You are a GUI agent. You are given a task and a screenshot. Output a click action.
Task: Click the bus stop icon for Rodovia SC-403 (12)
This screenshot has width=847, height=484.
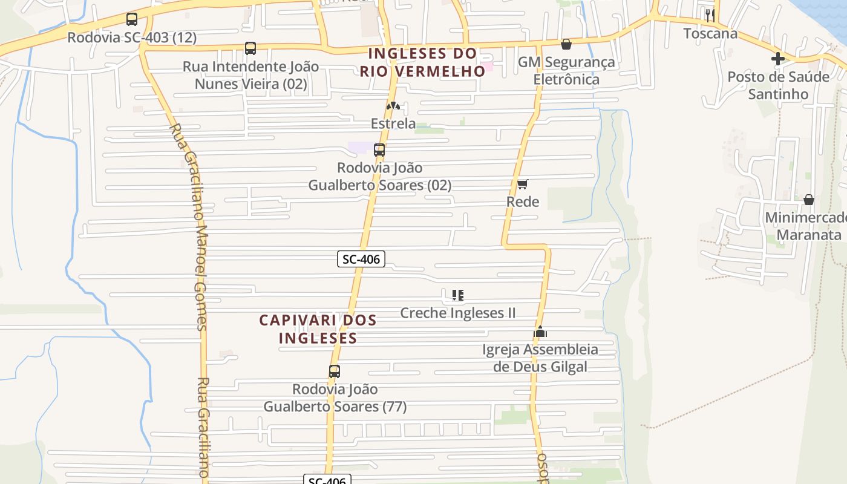[x=132, y=19]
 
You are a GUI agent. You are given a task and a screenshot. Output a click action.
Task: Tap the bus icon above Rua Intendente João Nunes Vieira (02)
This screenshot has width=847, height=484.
[x=250, y=48]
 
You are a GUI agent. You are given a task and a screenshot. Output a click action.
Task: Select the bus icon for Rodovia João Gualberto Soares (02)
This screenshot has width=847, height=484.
[x=379, y=149]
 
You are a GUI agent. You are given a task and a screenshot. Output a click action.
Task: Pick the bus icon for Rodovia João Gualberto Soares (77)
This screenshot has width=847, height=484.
[x=335, y=371]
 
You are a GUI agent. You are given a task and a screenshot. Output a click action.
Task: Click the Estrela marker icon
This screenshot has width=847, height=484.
[x=393, y=106]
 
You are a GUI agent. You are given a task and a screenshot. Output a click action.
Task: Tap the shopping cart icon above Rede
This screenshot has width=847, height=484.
[x=523, y=184]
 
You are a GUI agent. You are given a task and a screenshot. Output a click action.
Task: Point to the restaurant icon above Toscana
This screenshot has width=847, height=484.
[x=710, y=15]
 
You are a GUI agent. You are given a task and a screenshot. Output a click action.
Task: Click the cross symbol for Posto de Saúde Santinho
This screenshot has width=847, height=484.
[x=778, y=59]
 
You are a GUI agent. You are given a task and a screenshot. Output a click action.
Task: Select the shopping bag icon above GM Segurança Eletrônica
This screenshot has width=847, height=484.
[x=566, y=44]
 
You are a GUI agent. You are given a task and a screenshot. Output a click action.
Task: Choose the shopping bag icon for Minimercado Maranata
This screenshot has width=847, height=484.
[x=809, y=200]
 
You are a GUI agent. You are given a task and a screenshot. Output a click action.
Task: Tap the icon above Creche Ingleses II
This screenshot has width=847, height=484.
[x=458, y=295]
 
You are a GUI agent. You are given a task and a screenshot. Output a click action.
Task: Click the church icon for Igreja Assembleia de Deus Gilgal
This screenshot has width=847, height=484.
[x=540, y=332]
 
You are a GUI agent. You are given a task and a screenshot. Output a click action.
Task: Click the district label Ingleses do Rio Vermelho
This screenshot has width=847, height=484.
[x=423, y=62]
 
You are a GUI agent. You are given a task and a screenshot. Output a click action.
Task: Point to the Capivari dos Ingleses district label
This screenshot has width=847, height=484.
[x=318, y=329]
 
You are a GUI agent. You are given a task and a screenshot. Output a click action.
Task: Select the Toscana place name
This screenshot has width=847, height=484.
[x=711, y=33]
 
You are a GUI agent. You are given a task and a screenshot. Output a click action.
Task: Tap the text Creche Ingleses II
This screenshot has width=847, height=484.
[x=458, y=313]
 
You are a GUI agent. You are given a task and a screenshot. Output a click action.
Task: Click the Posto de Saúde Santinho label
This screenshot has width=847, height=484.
[x=778, y=85]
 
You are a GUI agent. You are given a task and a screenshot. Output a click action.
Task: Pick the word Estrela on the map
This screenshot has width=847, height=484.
[x=393, y=124]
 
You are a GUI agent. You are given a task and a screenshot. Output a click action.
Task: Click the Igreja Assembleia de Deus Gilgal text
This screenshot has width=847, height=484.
[x=540, y=358]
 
